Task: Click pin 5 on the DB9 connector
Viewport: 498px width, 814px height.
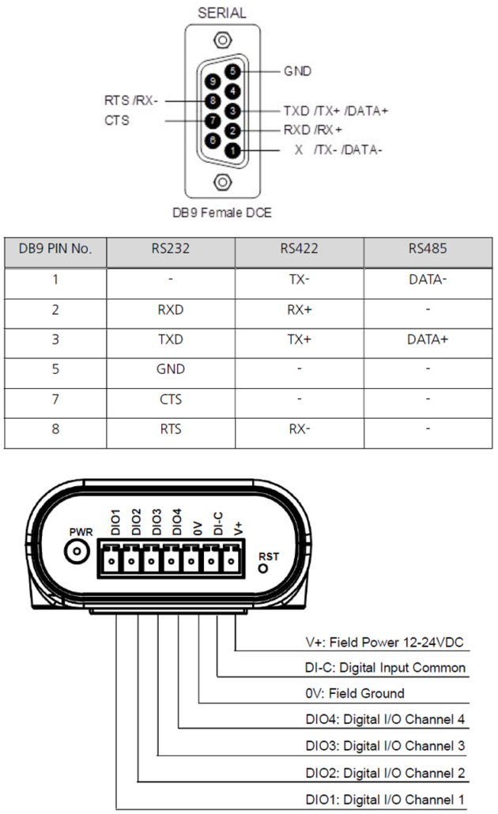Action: point(232,71)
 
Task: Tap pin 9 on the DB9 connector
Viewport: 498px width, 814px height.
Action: point(213,81)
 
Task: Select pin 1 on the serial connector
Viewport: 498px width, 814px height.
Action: point(232,150)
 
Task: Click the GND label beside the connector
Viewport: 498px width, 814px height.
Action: point(297,71)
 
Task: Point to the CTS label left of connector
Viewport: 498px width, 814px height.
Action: point(117,120)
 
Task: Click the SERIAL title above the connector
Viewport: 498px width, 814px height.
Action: point(222,13)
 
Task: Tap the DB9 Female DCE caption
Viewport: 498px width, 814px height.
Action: point(222,213)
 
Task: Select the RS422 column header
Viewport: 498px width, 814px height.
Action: point(299,249)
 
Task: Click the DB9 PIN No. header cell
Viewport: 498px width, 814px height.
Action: point(55,249)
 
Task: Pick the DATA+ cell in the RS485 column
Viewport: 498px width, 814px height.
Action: point(428,340)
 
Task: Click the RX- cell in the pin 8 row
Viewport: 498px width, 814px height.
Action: point(299,429)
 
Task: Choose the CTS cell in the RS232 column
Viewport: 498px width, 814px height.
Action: point(170,399)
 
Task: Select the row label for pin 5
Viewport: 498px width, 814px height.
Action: point(55,369)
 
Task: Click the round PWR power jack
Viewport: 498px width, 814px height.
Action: point(77,552)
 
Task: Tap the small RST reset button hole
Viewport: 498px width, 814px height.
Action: point(263,568)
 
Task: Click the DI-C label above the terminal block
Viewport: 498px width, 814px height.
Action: point(218,523)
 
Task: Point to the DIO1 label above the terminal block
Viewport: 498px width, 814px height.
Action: point(115,522)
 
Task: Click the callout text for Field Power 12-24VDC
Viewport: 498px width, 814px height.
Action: point(384,643)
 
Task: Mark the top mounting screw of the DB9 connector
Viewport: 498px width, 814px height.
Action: point(222,40)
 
